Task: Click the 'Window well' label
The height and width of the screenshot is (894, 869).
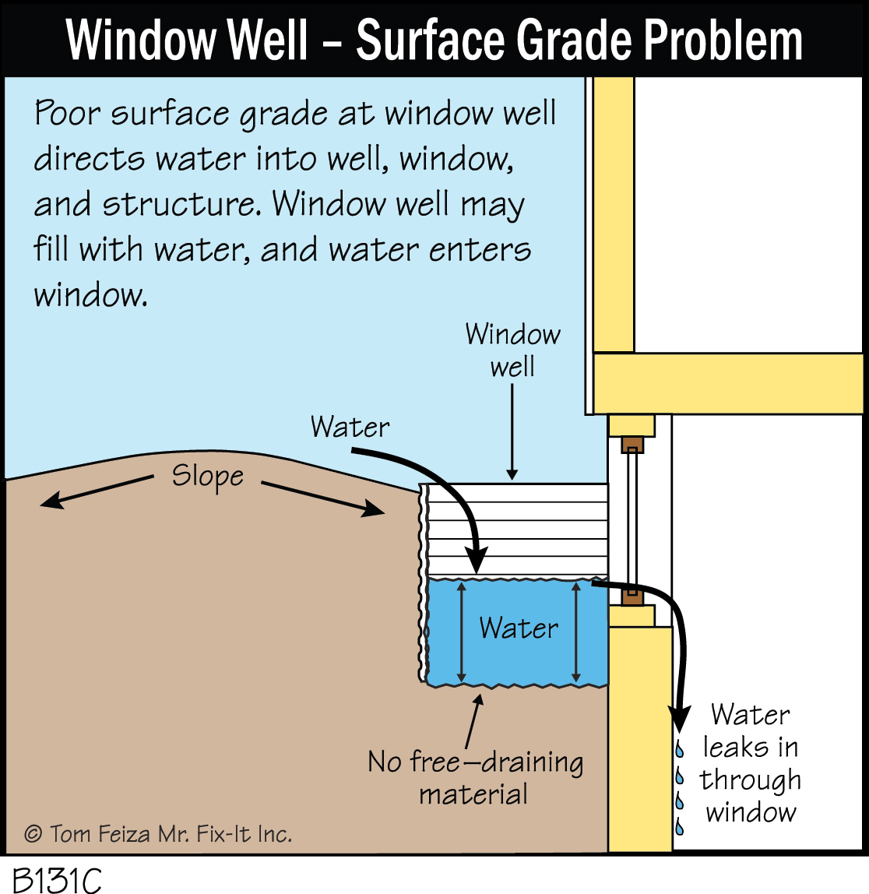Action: click(x=512, y=350)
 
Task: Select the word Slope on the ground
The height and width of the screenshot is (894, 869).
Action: click(x=207, y=476)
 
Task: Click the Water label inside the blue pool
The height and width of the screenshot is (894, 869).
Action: click(x=519, y=628)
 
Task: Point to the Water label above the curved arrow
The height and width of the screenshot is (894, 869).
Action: click(x=350, y=427)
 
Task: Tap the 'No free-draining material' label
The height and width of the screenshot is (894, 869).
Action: click(x=475, y=777)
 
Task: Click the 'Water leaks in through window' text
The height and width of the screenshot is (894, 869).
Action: click(x=750, y=763)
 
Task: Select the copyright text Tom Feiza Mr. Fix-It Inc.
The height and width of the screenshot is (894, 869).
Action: click(x=159, y=834)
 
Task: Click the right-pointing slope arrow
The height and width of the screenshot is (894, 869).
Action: click(x=323, y=498)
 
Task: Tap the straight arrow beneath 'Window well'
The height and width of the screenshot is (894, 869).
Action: click(x=512, y=432)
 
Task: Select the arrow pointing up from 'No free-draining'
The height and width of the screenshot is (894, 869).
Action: click(x=473, y=720)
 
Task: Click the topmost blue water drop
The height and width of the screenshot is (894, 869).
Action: click(x=680, y=749)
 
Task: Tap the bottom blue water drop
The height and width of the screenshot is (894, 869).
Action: click(x=680, y=825)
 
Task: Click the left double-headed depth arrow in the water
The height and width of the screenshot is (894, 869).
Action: click(x=462, y=632)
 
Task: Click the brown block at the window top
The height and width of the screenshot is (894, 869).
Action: click(x=632, y=446)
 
